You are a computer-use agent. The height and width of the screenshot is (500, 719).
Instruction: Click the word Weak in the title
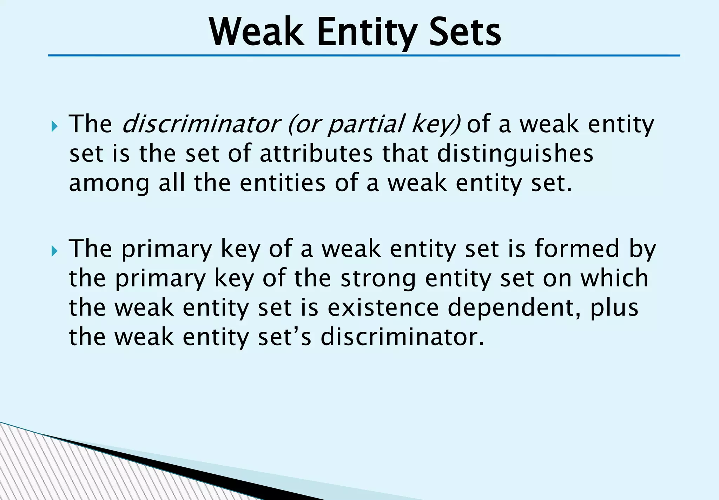pos(256,32)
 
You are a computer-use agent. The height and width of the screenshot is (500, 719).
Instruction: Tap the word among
pos(109,183)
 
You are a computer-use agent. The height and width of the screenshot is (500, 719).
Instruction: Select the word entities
pos(283,183)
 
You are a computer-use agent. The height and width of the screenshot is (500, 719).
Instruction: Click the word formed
pos(577,248)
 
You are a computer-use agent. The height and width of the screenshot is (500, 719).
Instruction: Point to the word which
pos(614,278)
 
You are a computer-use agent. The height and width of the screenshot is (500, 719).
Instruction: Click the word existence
pos(383,308)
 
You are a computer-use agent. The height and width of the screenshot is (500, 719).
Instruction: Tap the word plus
pos(614,308)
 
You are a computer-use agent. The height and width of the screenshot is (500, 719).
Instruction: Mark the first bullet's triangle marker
pos(54,126)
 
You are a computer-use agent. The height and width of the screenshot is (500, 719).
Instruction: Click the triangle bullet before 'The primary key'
pos(54,251)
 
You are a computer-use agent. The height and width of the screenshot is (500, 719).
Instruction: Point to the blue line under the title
pos(364,55)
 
